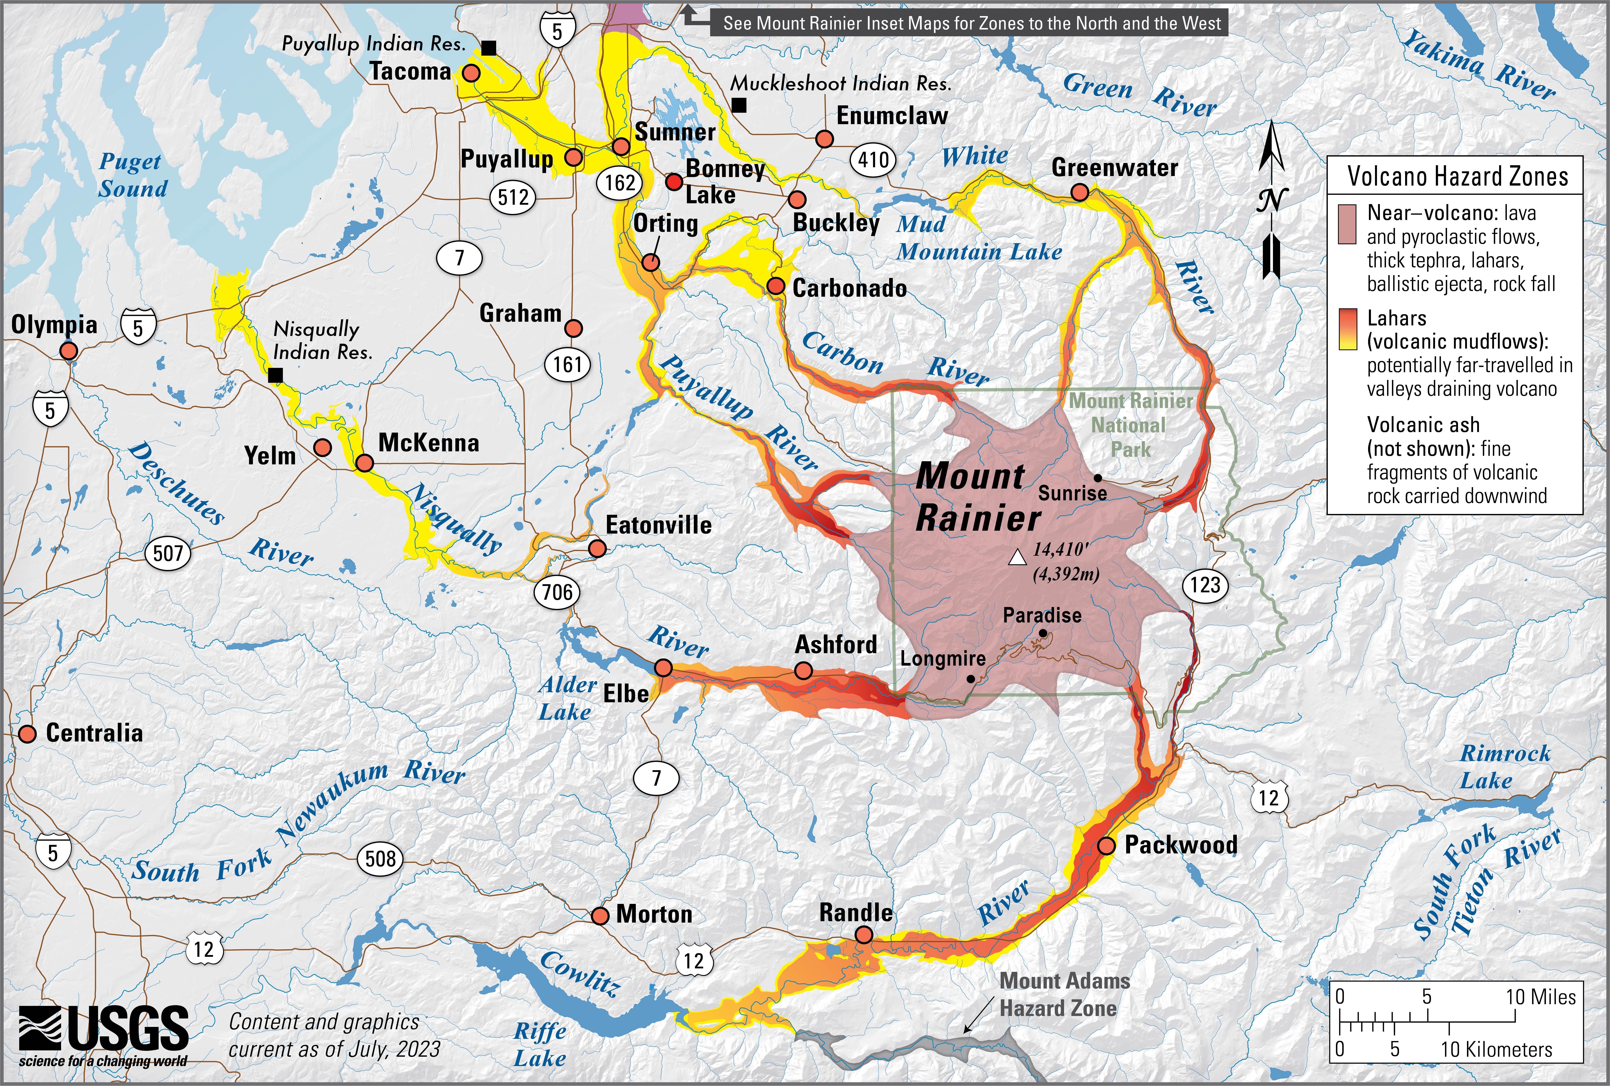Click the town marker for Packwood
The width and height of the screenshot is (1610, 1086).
tap(1106, 846)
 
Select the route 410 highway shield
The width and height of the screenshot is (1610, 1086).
tap(873, 160)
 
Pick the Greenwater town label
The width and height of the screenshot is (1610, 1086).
tap(1114, 168)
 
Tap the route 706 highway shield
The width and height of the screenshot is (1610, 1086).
tap(557, 592)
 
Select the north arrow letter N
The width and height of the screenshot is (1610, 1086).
tap(1271, 201)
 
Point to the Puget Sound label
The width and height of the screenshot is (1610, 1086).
tap(132, 175)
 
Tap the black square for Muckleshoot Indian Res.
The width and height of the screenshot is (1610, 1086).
tap(740, 105)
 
